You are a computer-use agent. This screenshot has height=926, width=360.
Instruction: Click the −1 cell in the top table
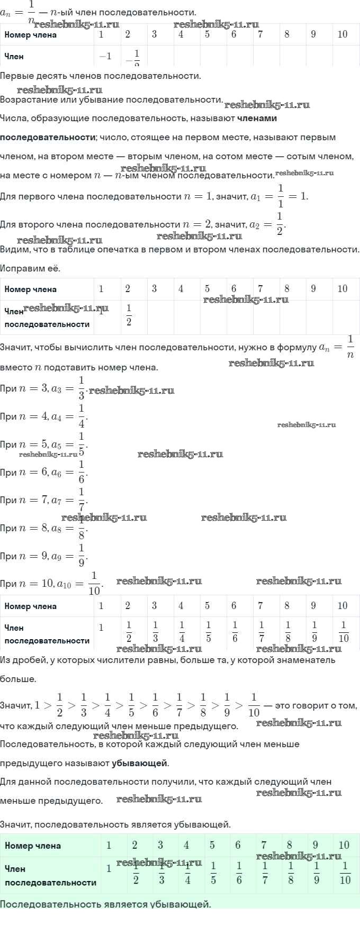click(x=105, y=57)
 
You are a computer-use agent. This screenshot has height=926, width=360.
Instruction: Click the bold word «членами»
click(x=257, y=119)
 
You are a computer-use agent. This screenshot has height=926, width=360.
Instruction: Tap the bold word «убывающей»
click(x=139, y=763)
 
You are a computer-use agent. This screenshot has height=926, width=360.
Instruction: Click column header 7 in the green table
click(x=264, y=845)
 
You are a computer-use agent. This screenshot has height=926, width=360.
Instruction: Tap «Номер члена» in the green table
click(x=33, y=846)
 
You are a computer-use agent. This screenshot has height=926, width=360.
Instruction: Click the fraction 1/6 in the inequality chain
click(x=155, y=705)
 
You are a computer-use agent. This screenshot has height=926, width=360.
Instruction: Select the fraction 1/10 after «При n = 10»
click(x=94, y=584)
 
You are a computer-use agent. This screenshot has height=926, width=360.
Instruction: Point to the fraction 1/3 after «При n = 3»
click(x=81, y=388)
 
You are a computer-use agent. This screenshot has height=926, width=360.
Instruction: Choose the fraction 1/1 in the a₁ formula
click(x=281, y=196)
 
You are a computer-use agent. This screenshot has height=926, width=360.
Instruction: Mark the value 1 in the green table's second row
click(x=109, y=868)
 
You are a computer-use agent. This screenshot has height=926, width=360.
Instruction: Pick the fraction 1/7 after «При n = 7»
click(x=82, y=500)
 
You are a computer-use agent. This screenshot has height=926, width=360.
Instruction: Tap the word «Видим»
click(x=15, y=249)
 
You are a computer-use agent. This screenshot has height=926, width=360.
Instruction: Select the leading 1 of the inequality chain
click(x=37, y=705)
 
